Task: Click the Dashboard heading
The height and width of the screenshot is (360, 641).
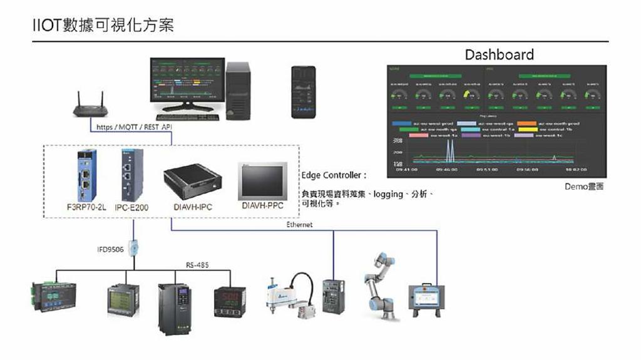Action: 499,54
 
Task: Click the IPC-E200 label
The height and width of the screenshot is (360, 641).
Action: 131,207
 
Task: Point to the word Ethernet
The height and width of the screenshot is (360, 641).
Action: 299,224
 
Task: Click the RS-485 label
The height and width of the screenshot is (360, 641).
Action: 197,265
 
